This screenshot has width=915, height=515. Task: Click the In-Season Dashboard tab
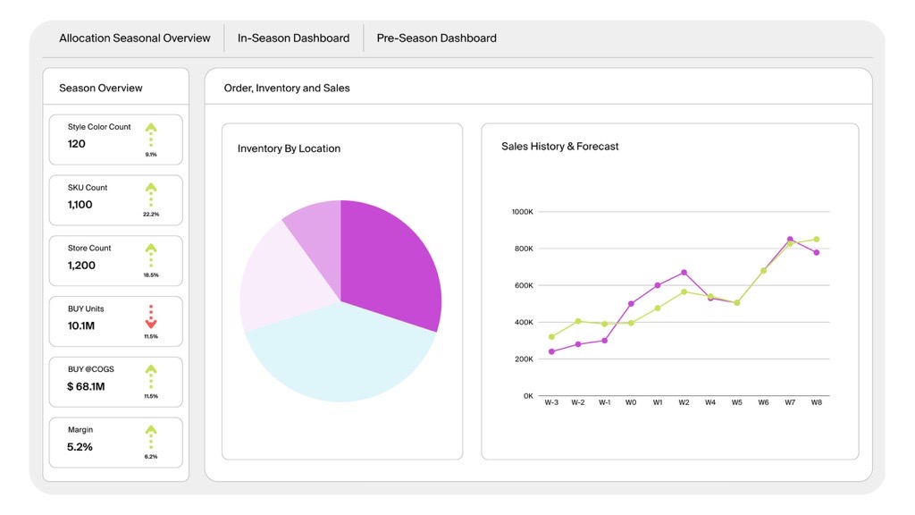pyautogui.click(x=293, y=38)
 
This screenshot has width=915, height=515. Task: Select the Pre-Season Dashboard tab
pyautogui.click(x=436, y=38)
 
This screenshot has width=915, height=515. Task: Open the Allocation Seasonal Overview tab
pyautogui.click(x=135, y=38)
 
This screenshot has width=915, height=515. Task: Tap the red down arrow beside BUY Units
pyautogui.click(x=151, y=317)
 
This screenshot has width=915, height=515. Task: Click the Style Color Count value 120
pyautogui.click(x=77, y=144)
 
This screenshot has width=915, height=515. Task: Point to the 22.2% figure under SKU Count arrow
pyautogui.click(x=151, y=215)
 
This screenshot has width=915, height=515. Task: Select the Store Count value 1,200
pyautogui.click(x=81, y=266)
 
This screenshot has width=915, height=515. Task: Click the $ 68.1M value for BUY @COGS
pyautogui.click(x=86, y=386)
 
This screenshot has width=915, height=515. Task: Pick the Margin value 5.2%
pyautogui.click(x=80, y=447)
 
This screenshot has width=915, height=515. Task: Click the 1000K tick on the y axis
pyautogui.click(x=522, y=212)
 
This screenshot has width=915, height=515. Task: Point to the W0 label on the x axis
pyautogui.click(x=631, y=403)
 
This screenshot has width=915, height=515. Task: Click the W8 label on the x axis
pyautogui.click(x=817, y=403)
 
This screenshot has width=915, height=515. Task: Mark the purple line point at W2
pyautogui.click(x=684, y=273)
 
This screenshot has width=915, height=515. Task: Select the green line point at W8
pyautogui.click(x=817, y=240)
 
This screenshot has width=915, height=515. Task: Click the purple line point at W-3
pyautogui.click(x=551, y=351)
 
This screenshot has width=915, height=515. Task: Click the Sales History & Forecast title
pyautogui.click(x=559, y=147)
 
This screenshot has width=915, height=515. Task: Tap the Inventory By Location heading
pyautogui.click(x=289, y=148)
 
